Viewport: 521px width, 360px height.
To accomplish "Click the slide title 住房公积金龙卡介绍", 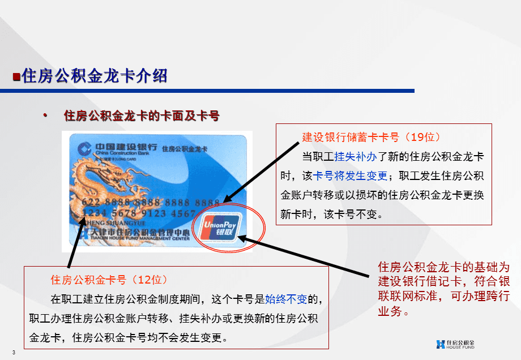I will [95, 75].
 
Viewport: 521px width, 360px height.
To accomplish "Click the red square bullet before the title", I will [16, 75].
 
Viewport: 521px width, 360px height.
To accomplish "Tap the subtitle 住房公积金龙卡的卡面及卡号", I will [142, 116].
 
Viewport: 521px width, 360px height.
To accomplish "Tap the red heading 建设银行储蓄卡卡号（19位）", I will [371, 138].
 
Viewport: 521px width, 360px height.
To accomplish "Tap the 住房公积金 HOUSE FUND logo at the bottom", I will [455, 344].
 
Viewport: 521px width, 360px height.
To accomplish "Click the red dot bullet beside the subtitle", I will [45, 115].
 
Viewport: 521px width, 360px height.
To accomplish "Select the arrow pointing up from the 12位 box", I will [76, 238].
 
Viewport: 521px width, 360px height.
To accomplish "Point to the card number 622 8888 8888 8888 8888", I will [151, 202].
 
